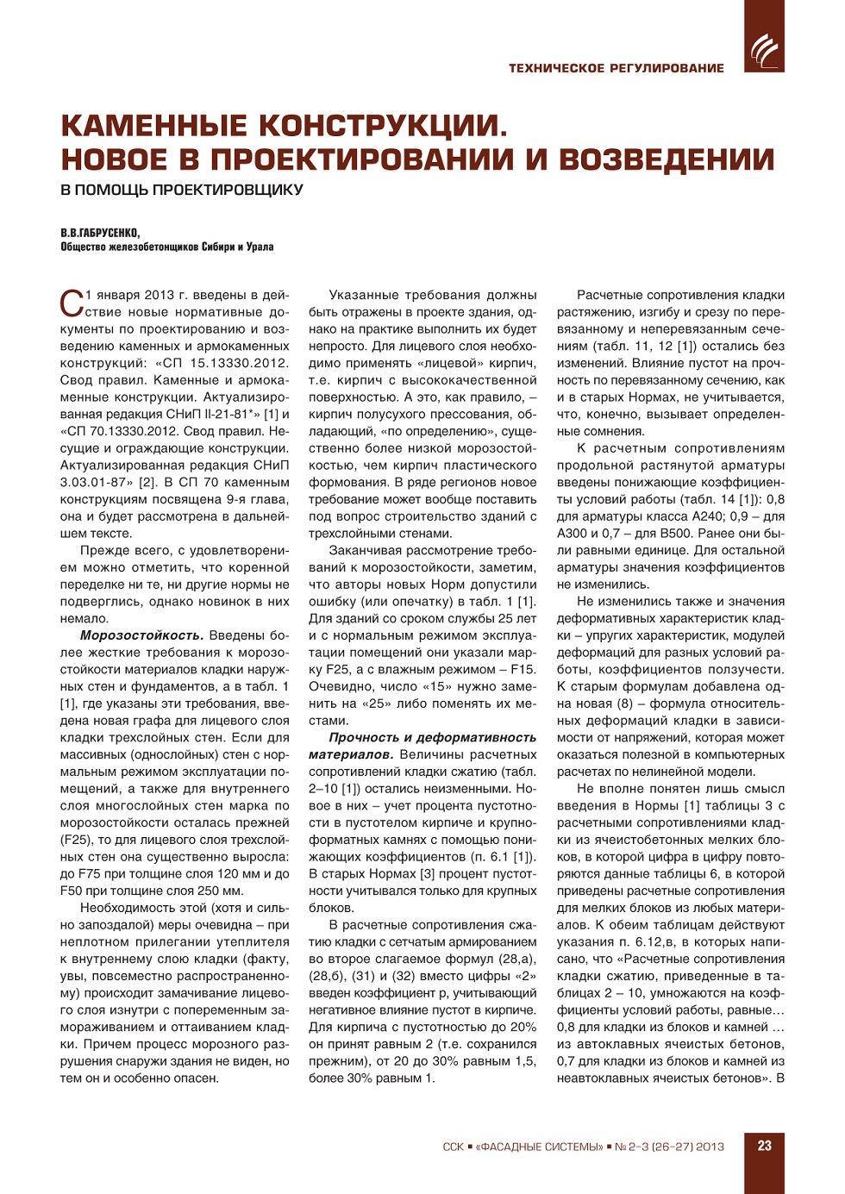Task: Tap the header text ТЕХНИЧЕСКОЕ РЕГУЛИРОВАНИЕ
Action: point(616,68)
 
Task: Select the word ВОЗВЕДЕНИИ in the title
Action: point(667,159)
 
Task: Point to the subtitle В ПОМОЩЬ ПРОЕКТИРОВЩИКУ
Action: point(182,190)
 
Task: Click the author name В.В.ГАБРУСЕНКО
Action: point(100,233)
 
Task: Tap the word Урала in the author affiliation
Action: point(260,247)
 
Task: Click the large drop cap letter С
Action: point(72,303)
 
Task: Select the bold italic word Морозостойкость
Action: point(141,635)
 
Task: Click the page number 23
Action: point(764,1146)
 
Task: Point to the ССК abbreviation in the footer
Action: point(453,1147)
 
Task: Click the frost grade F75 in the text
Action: point(89,873)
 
